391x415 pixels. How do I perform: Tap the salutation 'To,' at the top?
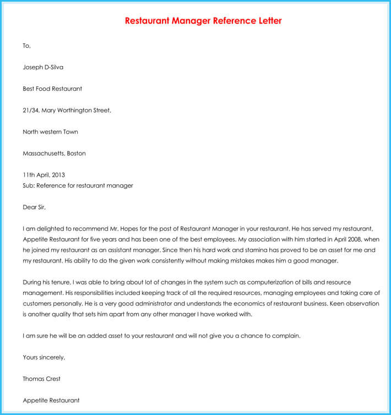click(x=27, y=46)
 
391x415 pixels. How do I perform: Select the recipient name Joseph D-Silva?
click(x=43, y=67)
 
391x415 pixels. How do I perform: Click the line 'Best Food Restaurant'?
click(x=52, y=89)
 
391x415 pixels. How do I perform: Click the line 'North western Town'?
click(x=50, y=132)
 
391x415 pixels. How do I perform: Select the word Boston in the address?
click(x=76, y=153)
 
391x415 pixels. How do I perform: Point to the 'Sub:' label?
click(x=29, y=185)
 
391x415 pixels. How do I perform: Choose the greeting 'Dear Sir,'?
click(x=35, y=207)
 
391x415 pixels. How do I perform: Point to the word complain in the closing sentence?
click(x=287, y=336)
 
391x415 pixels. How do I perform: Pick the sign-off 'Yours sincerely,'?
click(x=44, y=357)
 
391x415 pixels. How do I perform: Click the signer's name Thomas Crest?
click(x=42, y=379)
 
